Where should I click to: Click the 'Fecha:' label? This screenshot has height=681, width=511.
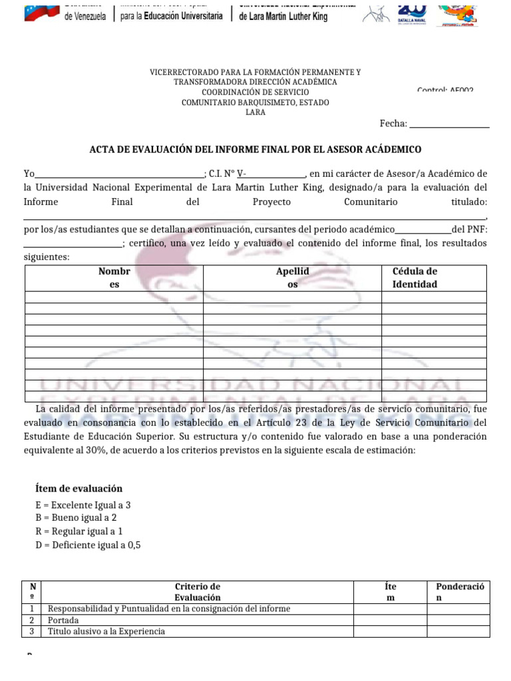click(393, 124)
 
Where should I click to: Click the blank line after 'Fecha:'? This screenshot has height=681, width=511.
click(449, 125)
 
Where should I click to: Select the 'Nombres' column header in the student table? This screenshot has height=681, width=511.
click(114, 278)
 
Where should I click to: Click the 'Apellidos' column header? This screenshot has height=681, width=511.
click(291, 278)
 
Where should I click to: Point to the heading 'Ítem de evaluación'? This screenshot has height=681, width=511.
click(79, 488)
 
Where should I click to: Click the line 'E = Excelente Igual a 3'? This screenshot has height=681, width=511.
click(83, 505)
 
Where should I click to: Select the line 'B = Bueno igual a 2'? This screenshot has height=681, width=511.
click(75, 518)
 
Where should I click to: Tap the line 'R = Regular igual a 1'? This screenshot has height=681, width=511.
click(79, 531)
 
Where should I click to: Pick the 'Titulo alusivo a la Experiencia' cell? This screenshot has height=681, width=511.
click(106, 631)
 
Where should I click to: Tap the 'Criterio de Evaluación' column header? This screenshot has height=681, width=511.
click(197, 592)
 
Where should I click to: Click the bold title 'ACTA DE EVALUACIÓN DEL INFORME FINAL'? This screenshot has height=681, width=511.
click(255, 150)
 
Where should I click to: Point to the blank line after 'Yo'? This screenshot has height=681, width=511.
click(120, 174)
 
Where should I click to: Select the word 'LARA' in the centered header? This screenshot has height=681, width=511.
click(255, 112)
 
